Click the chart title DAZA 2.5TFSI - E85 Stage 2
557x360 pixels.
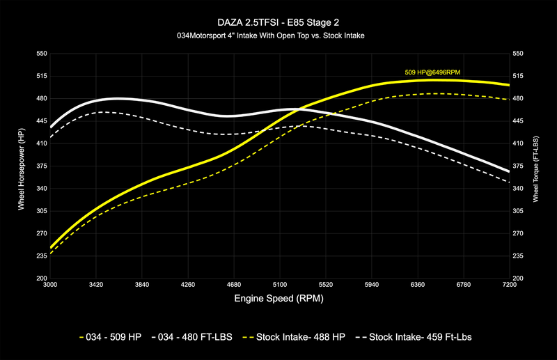click(278, 22)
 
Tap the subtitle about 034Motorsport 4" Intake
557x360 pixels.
click(278, 35)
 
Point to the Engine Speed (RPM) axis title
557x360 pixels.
click(278, 298)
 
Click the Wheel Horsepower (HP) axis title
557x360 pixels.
click(21, 165)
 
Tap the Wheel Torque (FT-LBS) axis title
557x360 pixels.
click(536, 165)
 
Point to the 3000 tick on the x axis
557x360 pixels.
click(50, 285)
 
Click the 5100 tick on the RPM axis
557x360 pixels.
click(279, 285)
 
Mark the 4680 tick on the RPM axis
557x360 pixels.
click(233, 285)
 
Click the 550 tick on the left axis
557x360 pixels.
click(40, 54)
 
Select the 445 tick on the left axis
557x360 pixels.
click(40, 121)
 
